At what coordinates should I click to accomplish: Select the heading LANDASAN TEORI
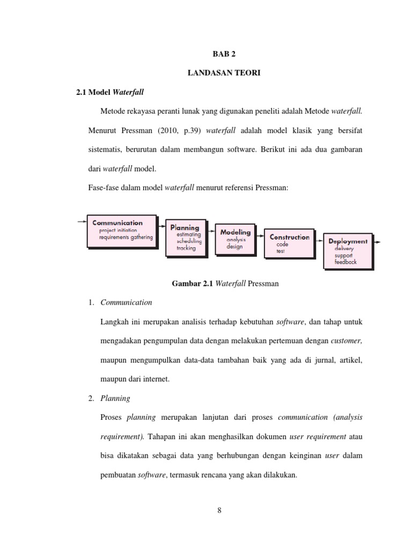click(x=224, y=73)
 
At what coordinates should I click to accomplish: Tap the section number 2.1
click(x=82, y=92)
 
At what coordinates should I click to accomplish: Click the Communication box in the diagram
click(x=122, y=231)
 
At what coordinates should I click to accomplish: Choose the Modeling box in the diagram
click(x=236, y=239)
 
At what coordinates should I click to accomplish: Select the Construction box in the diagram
click(x=289, y=243)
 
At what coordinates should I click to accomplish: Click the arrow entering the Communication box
click(x=80, y=221)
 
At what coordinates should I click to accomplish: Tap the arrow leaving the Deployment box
click(x=378, y=242)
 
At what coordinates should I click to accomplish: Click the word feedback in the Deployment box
click(x=345, y=262)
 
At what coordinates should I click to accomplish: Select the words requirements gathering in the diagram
click(x=126, y=237)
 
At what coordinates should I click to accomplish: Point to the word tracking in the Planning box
click(x=186, y=248)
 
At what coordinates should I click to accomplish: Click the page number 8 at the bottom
click(x=219, y=510)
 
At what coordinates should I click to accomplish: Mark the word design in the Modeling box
click(x=234, y=247)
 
